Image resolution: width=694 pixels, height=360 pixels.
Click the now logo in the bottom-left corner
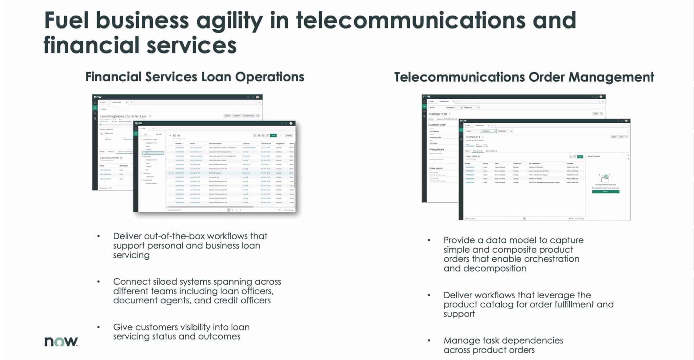tap(61, 341)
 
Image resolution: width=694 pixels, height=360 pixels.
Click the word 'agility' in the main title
tap(229, 20)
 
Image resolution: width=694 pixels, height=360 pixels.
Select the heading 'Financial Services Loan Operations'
tap(195, 77)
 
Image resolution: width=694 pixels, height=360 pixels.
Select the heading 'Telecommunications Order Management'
tap(524, 77)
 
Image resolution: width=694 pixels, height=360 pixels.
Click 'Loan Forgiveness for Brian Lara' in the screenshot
tap(123, 116)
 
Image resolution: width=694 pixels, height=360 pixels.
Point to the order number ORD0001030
tap(438, 114)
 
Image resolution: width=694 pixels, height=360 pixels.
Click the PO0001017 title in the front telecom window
tap(473, 137)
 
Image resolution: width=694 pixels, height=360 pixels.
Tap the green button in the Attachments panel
tap(605, 192)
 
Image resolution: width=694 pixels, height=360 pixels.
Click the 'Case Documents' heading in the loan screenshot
tap(109, 158)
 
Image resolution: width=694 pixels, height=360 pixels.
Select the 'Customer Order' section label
tap(437, 125)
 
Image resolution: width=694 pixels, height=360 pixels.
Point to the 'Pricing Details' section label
tap(436, 149)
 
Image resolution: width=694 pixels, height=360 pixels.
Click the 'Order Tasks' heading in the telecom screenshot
tap(471, 156)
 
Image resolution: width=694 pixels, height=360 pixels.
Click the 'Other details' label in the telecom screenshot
tap(436, 168)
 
